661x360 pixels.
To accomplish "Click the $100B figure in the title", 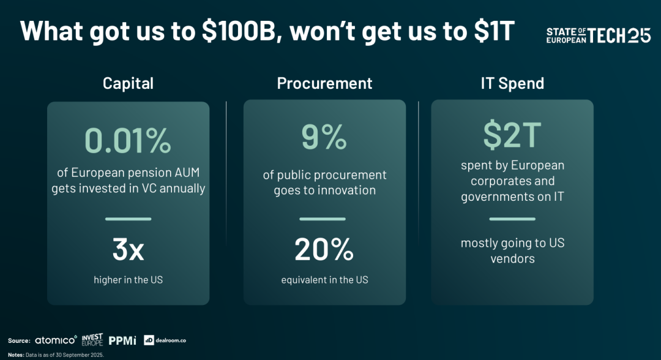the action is tap(239, 31).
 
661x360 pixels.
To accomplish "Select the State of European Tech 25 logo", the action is tap(599, 36).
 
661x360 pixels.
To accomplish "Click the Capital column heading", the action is tap(128, 83).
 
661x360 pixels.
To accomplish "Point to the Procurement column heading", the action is tap(324, 83).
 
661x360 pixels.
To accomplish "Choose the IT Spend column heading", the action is tap(512, 83).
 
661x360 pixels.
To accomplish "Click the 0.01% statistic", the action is tap(128, 140).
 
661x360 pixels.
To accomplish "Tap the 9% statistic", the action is tap(324, 137).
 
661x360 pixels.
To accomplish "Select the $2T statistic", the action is tap(512, 135).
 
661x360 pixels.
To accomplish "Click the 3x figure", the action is tap(128, 249).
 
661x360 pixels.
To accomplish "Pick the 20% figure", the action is tap(324, 249).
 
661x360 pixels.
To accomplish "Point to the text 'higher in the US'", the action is tap(128, 280).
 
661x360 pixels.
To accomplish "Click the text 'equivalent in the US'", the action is tap(324, 280).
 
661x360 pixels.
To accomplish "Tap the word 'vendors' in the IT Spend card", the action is tap(513, 258).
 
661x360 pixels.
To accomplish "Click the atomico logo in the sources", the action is tap(56, 340).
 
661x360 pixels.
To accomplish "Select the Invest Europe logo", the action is tap(92, 340).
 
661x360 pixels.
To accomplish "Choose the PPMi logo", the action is tap(122, 340).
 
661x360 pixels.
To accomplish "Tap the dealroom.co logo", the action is tap(165, 340).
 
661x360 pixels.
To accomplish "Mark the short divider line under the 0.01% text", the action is tap(128, 219).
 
